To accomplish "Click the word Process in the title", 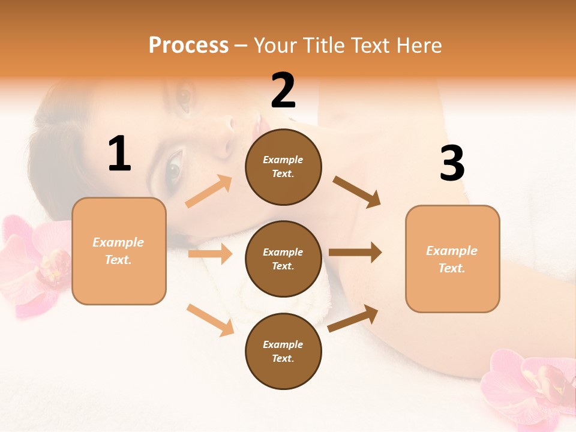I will tap(188, 46).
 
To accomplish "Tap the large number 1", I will tap(119, 154).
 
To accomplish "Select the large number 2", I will tap(283, 91).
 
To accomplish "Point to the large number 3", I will tap(452, 164).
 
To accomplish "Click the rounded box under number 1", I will tap(119, 251).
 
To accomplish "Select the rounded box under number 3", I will tap(452, 259).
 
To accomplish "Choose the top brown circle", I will tap(283, 167).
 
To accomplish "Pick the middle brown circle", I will tap(283, 259).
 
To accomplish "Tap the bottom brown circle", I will tap(283, 351).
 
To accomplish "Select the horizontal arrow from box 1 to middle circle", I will tap(210, 254).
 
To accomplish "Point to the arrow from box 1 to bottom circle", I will tap(211, 320).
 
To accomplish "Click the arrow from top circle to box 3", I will tap(357, 191).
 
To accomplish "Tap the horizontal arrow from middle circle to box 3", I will tap(355, 252).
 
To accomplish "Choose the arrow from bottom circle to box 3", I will tap(353, 319).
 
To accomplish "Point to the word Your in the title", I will tap(275, 46).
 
